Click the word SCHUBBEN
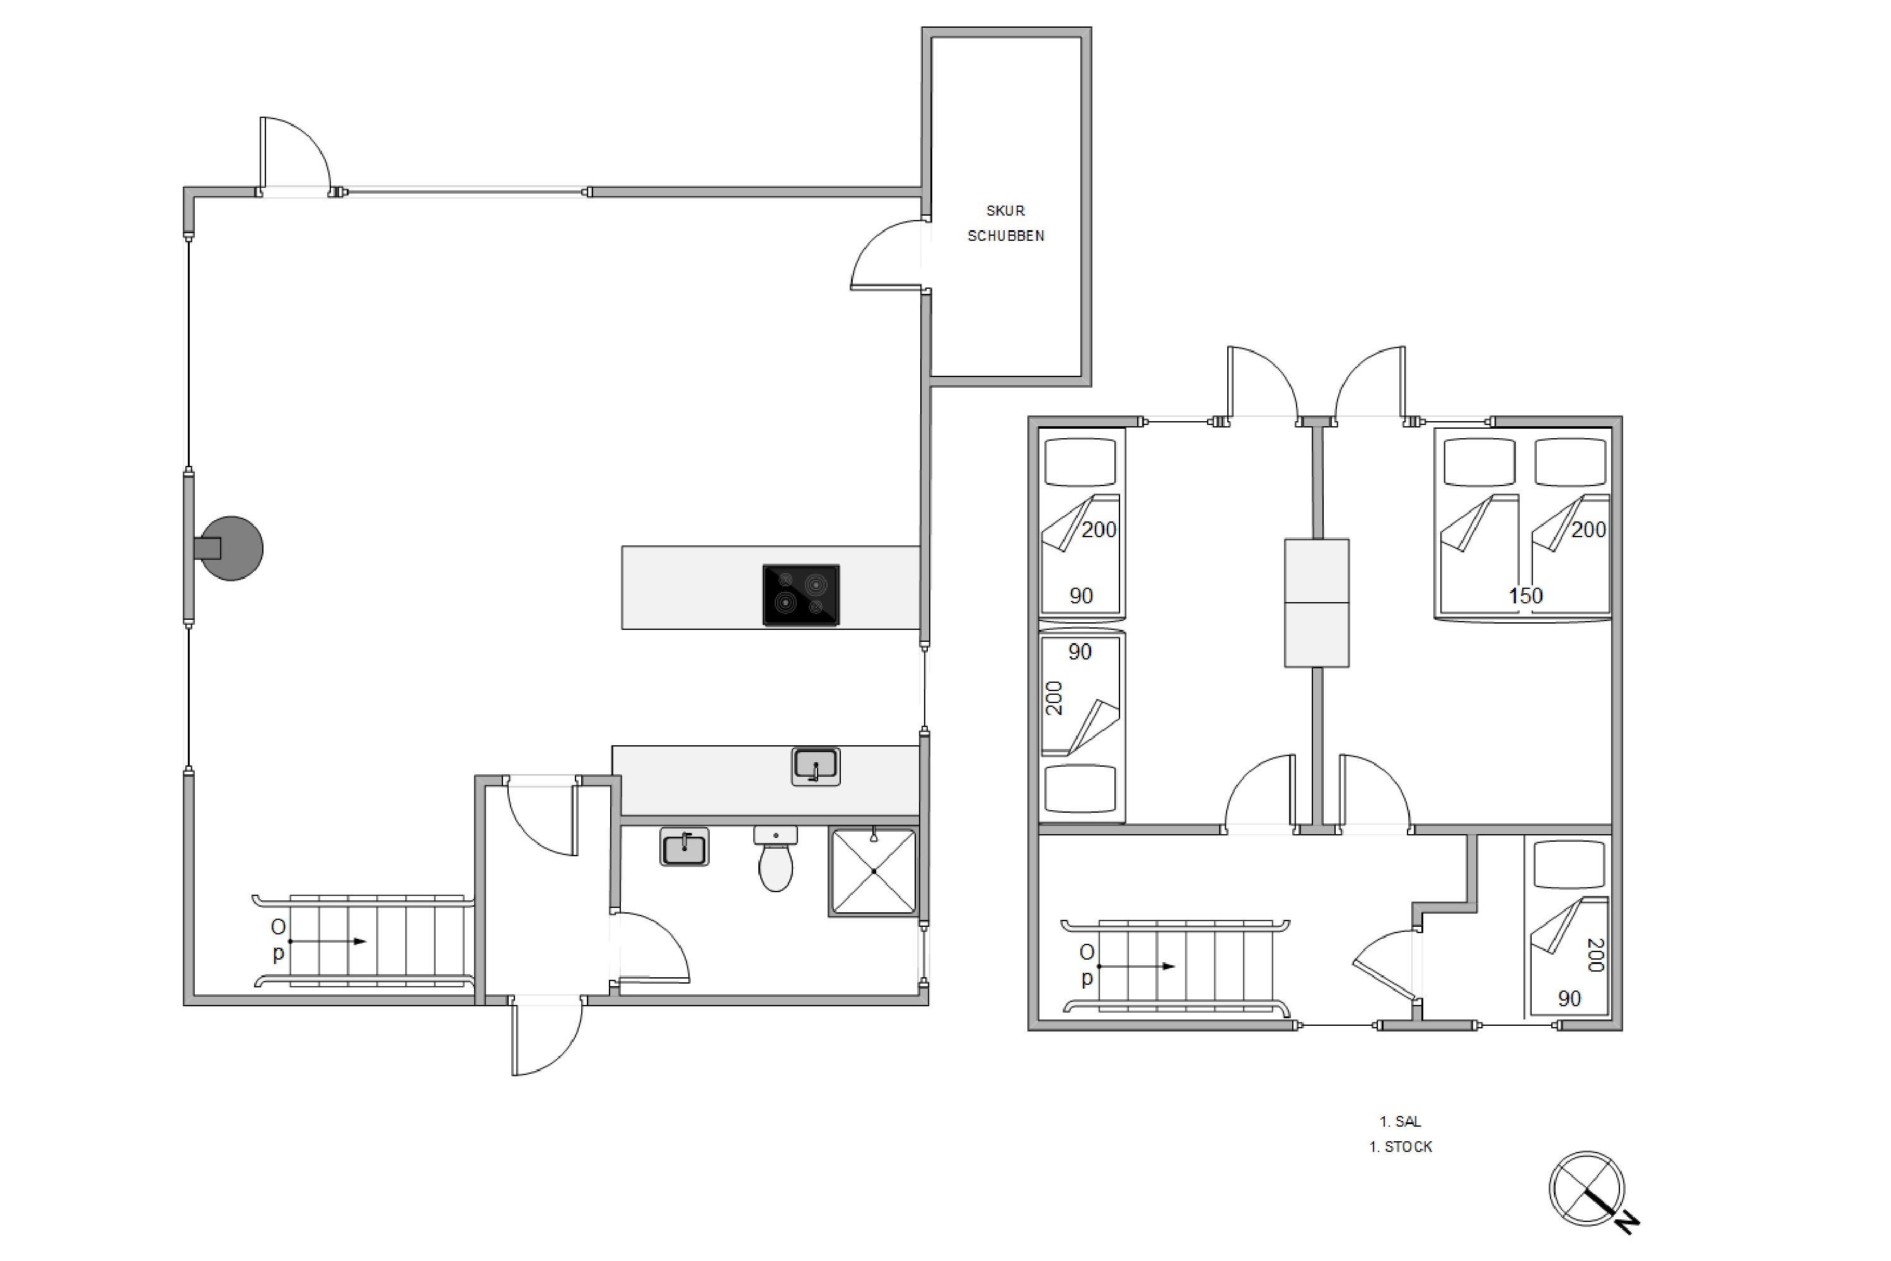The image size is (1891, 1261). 1006,236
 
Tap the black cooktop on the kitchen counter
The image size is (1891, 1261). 801,595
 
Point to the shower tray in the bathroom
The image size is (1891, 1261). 873,873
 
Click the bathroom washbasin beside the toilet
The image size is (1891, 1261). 684,847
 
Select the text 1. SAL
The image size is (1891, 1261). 1401,1121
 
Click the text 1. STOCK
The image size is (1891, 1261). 1401,1147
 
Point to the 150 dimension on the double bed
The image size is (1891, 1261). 1525,596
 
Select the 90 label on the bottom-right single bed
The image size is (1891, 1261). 1570,999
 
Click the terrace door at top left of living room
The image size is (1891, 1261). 295,153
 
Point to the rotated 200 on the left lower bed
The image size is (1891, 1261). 1054,698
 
